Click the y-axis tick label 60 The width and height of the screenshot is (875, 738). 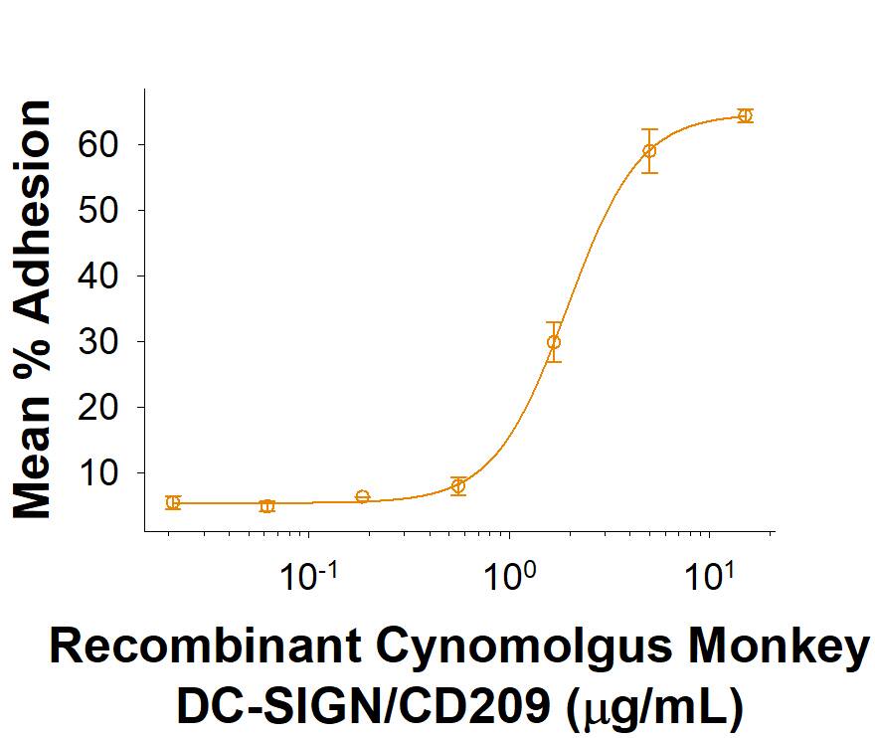100,145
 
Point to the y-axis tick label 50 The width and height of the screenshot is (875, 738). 100,211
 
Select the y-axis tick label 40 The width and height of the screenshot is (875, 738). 100,277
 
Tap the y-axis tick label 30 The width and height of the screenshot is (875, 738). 100,342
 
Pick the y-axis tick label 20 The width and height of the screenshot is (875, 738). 100,408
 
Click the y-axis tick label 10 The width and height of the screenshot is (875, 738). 100,473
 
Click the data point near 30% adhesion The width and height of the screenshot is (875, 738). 554,342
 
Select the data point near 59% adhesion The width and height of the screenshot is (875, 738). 649,151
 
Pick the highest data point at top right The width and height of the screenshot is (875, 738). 745,115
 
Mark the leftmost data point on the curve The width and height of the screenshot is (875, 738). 173,502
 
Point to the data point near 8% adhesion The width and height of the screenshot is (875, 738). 458,485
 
